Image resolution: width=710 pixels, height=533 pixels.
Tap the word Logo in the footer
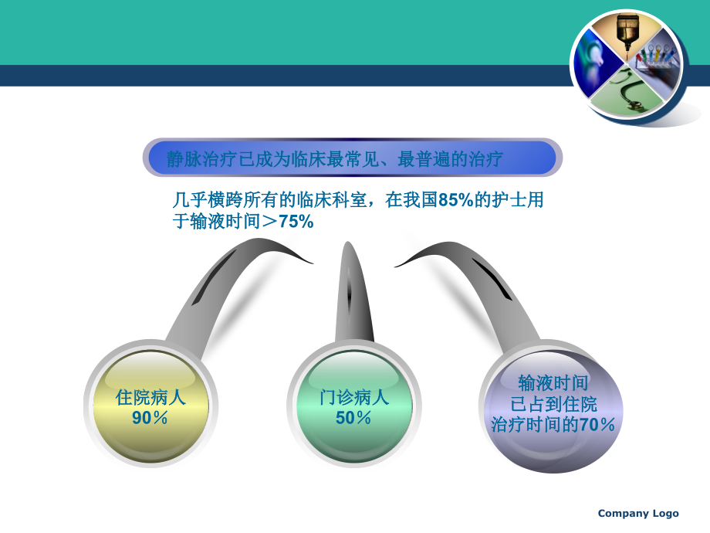click(666, 514)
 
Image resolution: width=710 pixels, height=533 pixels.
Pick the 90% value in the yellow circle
click(150, 418)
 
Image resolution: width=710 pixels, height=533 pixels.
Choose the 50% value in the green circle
click(354, 418)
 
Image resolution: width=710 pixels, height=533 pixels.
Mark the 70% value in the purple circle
click(597, 424)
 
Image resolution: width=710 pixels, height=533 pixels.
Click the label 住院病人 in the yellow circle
click(150, 399)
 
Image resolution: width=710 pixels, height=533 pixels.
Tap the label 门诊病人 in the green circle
click(354, 399)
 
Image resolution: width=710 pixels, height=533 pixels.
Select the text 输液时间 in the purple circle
click(553, 383)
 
